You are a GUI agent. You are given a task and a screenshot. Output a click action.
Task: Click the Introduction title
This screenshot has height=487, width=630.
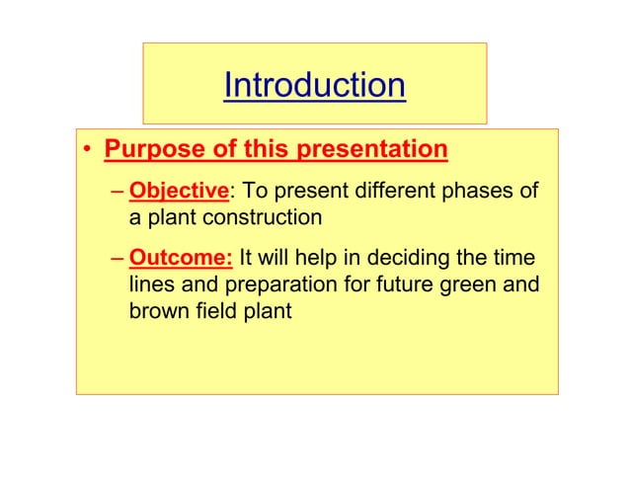314,86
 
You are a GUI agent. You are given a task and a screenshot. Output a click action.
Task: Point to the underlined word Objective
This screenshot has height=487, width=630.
179,191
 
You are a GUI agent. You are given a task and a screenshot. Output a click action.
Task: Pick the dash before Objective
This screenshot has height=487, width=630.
118,191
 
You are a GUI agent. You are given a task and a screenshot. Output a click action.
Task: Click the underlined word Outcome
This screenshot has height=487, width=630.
181,260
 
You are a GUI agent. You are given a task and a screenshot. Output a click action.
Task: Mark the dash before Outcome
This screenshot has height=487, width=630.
118,260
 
